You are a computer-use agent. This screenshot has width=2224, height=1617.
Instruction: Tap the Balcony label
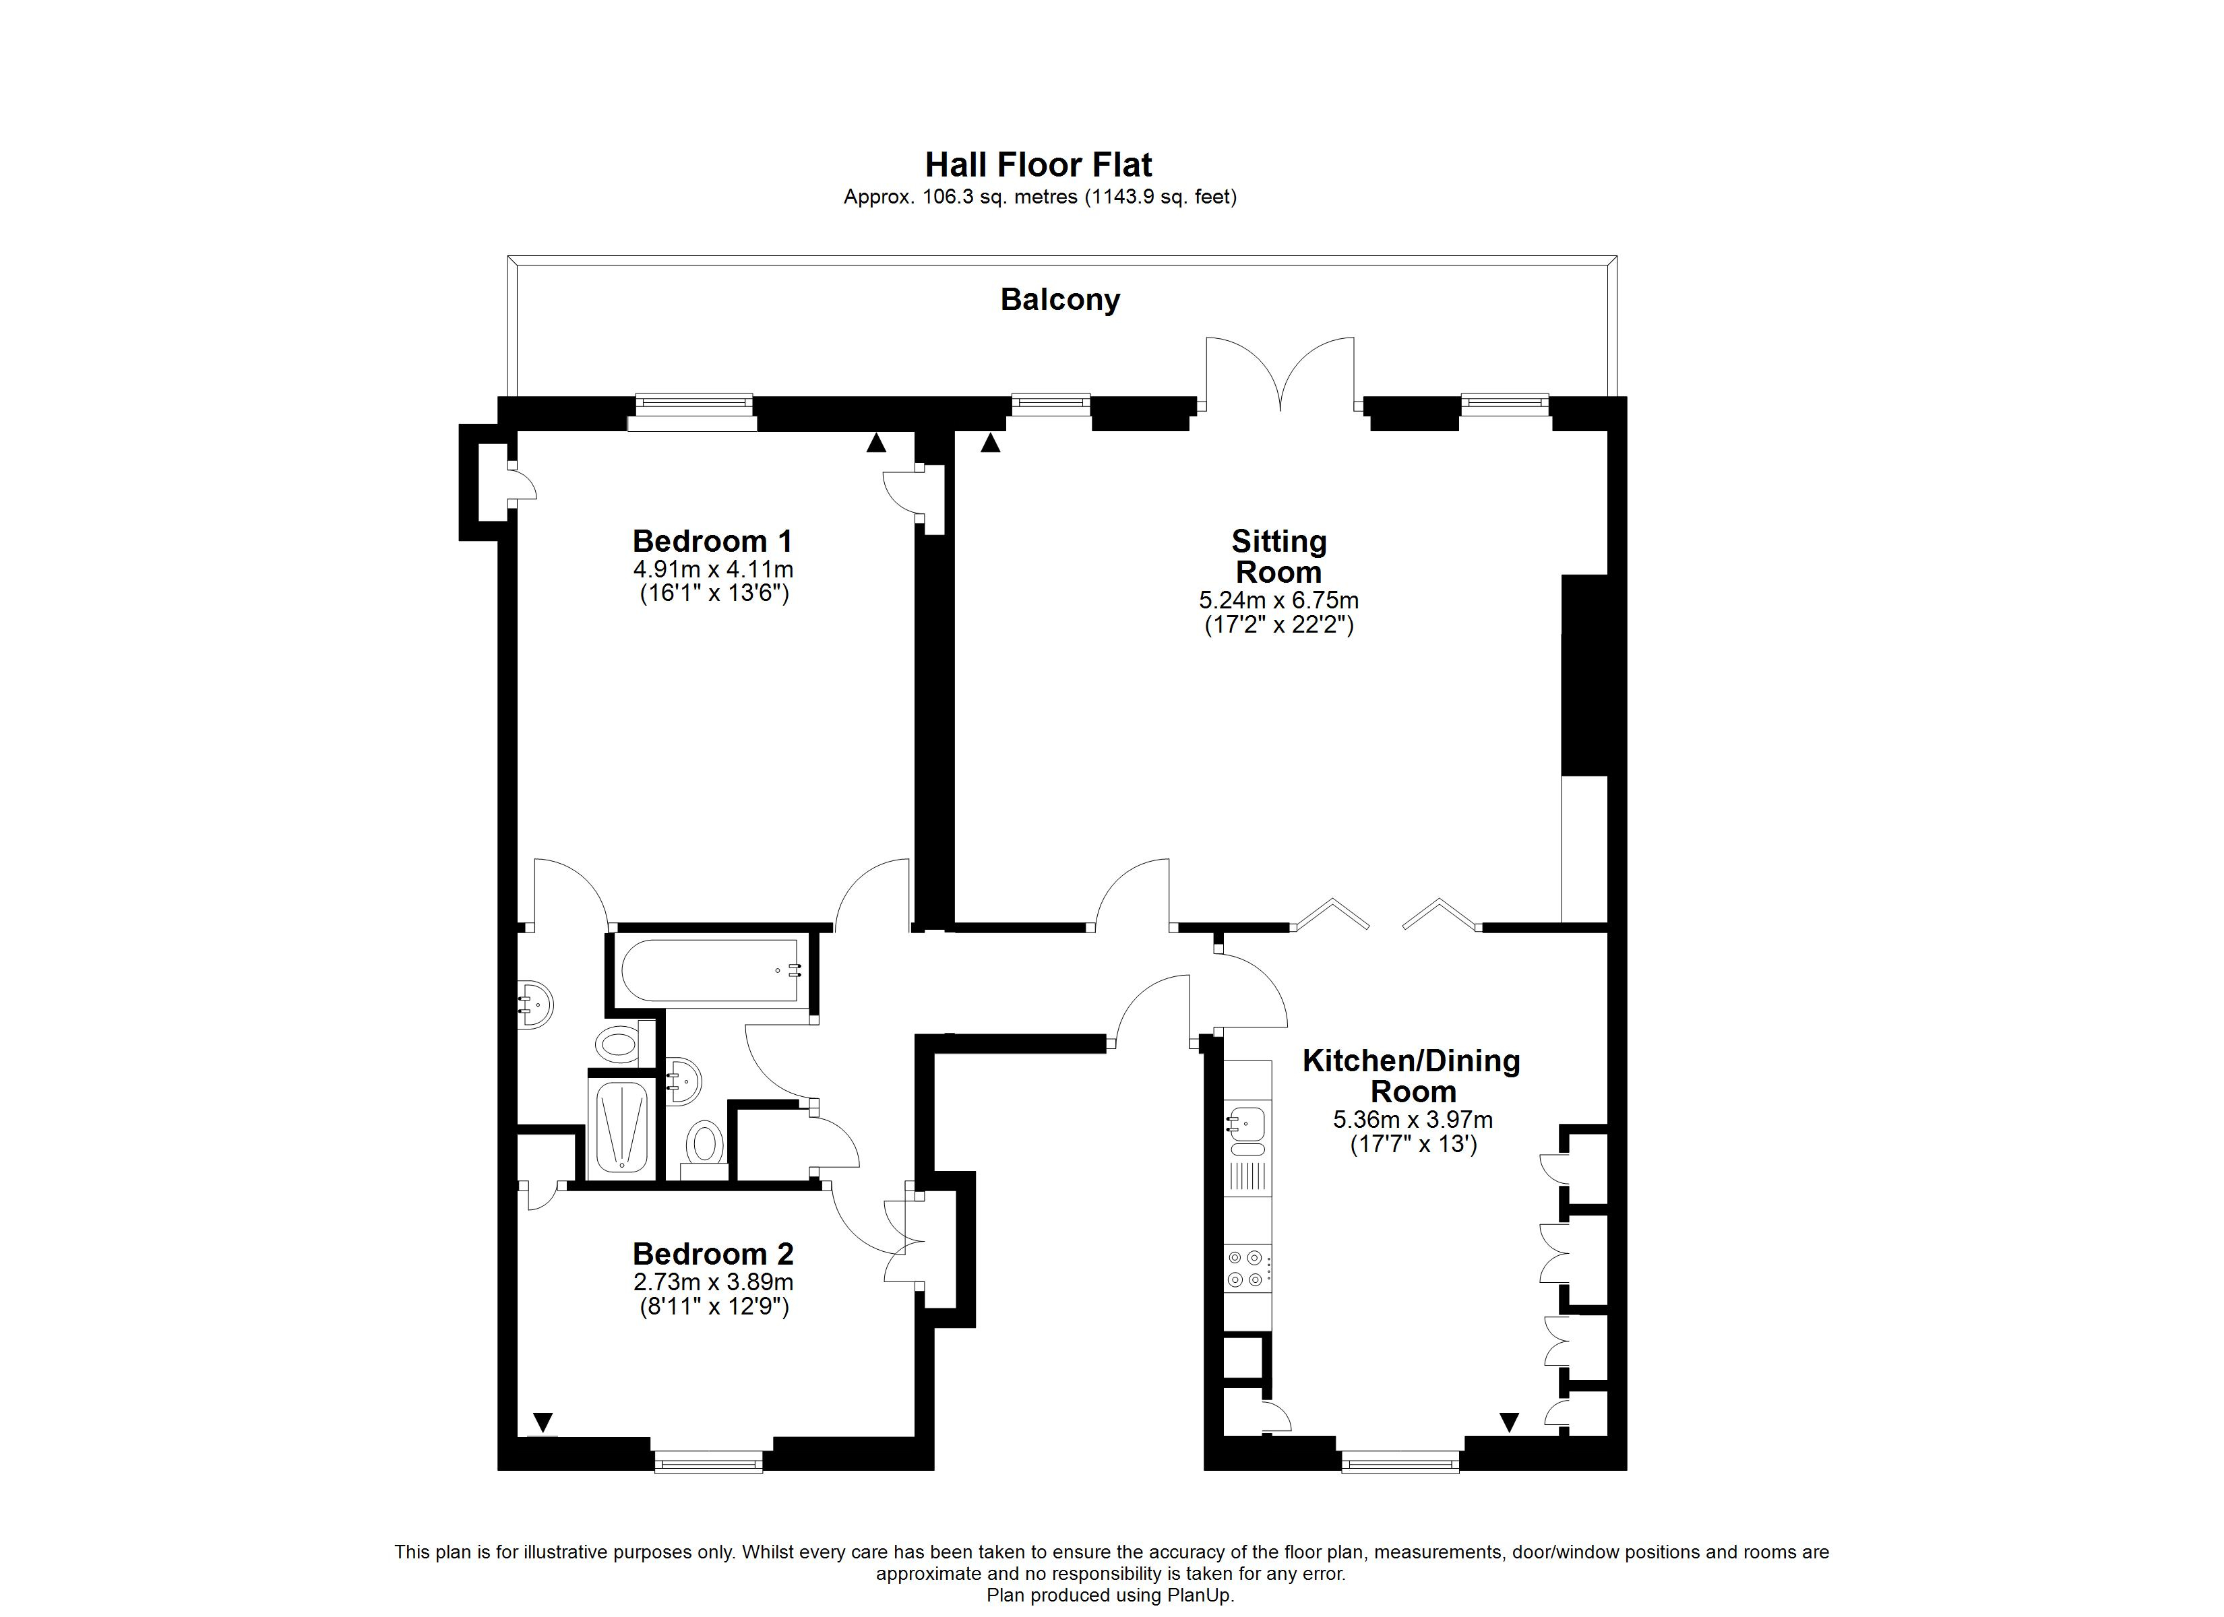point(1060,299)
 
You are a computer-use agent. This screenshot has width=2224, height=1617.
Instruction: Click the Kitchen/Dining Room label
point(1411,1076)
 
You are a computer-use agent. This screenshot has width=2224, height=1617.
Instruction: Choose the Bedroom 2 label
point(713,1253)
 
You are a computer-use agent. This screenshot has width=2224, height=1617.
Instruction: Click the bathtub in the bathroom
point(711,971)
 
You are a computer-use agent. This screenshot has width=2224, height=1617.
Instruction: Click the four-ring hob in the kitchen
point(1247,1268)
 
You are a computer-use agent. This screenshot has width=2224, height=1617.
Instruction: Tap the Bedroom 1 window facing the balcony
point(693,412)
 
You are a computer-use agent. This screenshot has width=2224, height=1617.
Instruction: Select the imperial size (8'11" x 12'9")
point(714,1306)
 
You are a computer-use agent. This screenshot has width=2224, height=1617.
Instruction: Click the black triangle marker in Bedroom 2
point(543,1422)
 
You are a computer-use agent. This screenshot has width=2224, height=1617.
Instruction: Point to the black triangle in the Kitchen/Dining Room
point(1509,1422)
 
